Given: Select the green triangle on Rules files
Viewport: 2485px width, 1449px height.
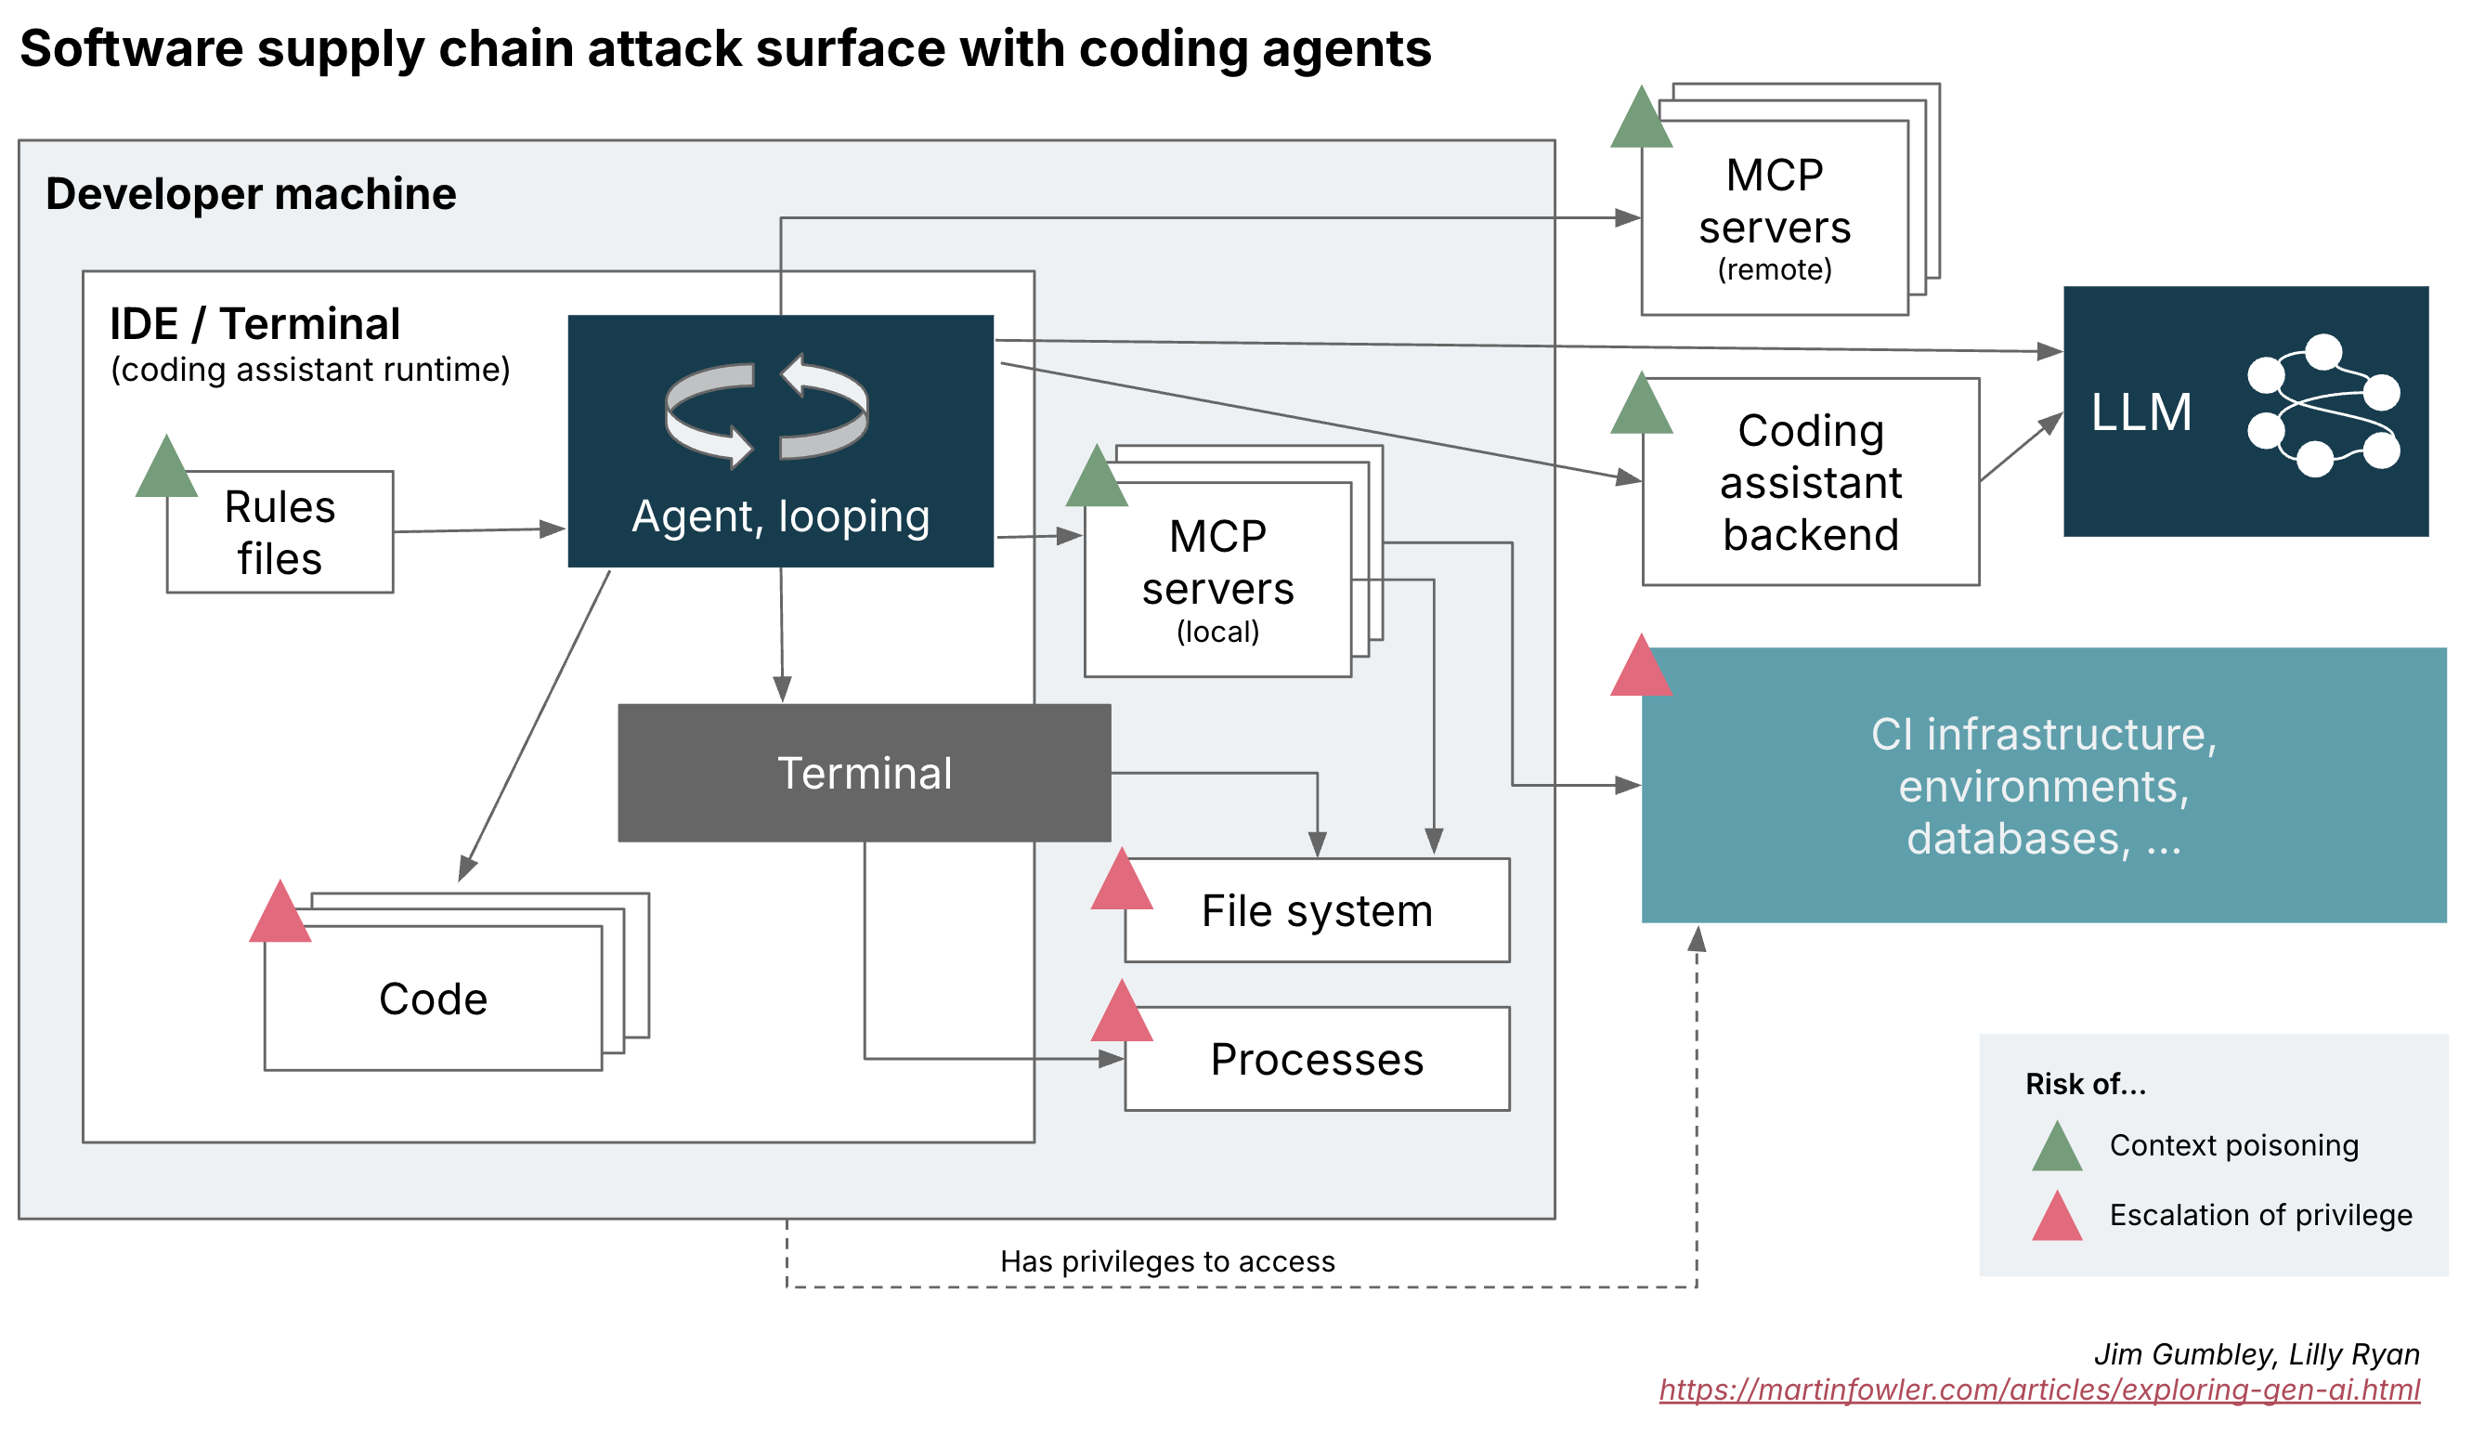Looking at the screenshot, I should pyautogui.click(x=166, y=469).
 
